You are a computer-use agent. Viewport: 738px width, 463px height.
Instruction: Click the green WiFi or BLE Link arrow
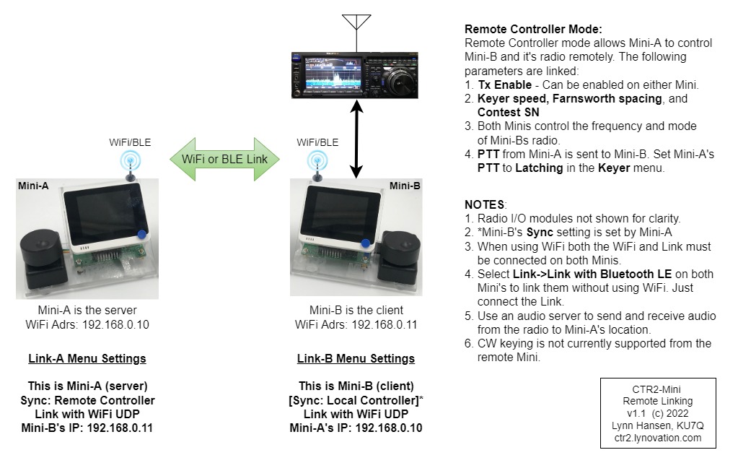coord(224,159)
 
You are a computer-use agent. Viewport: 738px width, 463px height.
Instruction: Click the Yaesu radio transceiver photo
coord(356,74)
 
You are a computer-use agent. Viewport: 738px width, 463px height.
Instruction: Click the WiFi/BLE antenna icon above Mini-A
coord(131,163)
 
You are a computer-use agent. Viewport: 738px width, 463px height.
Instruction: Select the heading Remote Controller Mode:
coord(533,30)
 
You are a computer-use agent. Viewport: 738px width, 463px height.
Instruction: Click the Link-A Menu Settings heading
coord(87,358)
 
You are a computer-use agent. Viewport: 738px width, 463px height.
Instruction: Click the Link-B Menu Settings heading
coord(356,358)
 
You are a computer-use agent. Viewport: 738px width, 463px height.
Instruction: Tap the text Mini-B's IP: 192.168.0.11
coord(87,428)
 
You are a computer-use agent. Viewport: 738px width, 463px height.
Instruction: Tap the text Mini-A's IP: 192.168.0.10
coord(356,428)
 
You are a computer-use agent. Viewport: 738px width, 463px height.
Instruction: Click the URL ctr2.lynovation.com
coord(658,438)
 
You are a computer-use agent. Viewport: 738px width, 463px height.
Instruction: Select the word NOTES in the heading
coord(485,205)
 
